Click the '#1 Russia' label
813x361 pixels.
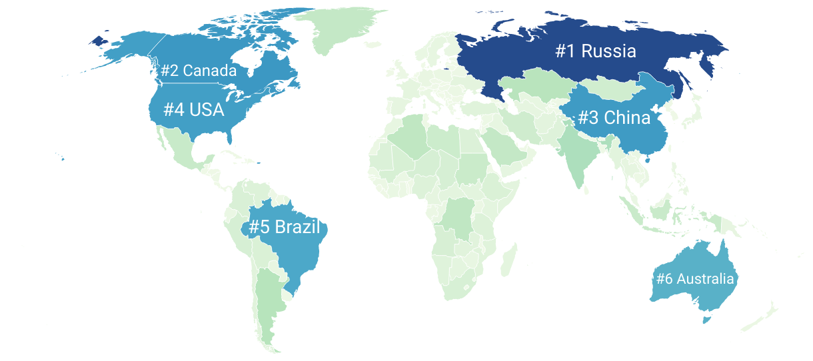pos(596,51)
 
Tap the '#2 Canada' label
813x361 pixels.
pos(199,70)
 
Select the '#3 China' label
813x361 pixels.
pos(613,118)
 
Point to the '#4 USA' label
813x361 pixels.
pos(194,109)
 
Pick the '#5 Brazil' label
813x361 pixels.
pos(284,227)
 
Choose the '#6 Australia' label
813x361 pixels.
pos(695,278)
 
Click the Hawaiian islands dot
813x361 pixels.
pos(63,159)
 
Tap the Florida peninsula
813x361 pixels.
pos(230,137)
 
